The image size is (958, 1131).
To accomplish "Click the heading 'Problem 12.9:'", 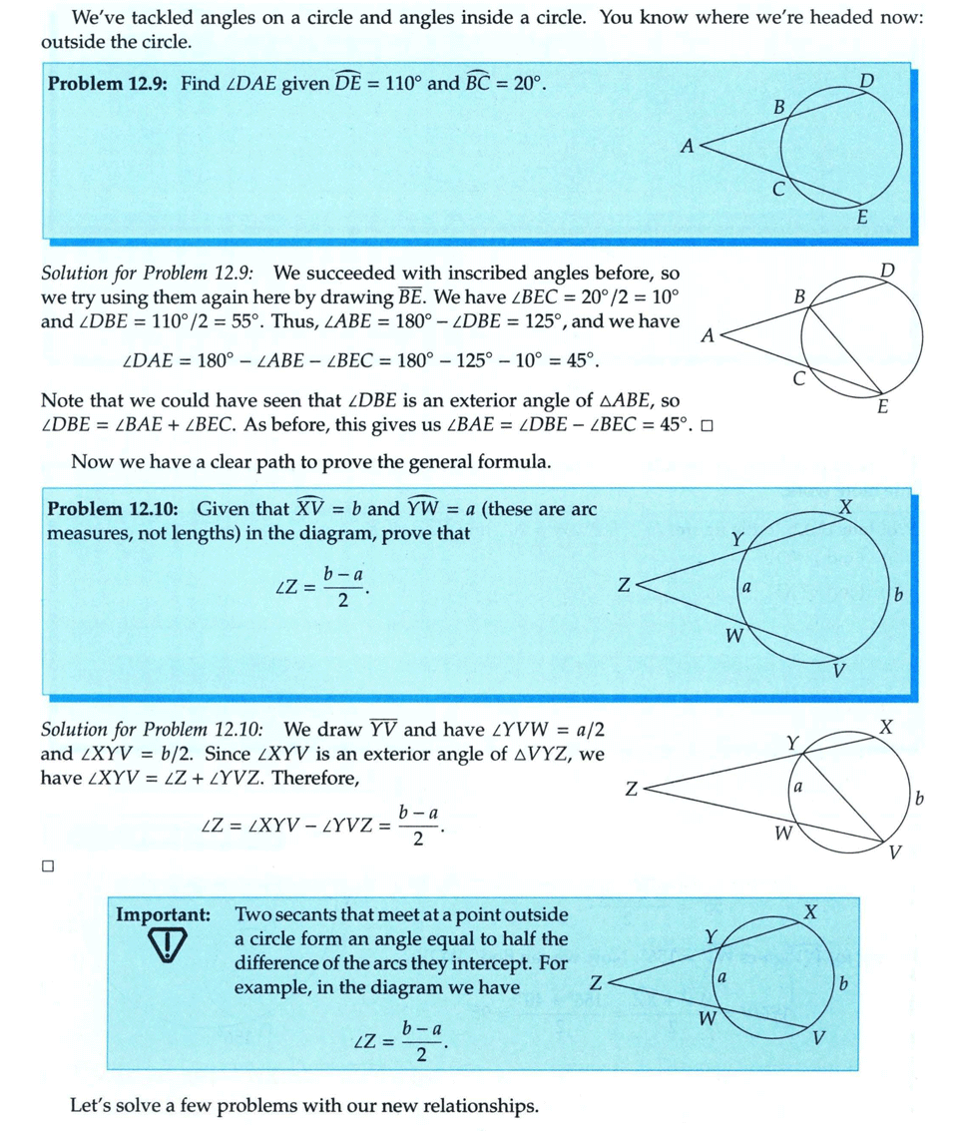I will click(x=110, y=84).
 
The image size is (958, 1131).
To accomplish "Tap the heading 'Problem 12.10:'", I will click(x=115, y=509).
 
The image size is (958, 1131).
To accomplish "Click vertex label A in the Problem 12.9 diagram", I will click(x=687, y=146).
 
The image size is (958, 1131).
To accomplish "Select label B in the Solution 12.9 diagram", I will click(x=799, y=297).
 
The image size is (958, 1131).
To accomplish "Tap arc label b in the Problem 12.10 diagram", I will click(x=898, y=596).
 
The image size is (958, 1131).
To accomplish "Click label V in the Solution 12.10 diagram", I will click(x=895, y=851).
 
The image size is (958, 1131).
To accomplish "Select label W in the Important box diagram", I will click(x=707, y=1019).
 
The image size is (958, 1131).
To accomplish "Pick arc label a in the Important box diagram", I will click(x=720, y=980).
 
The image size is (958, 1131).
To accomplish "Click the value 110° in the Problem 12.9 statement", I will click(x=399, y=84).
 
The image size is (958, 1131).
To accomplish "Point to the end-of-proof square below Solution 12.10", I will click(x=47, y=867).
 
